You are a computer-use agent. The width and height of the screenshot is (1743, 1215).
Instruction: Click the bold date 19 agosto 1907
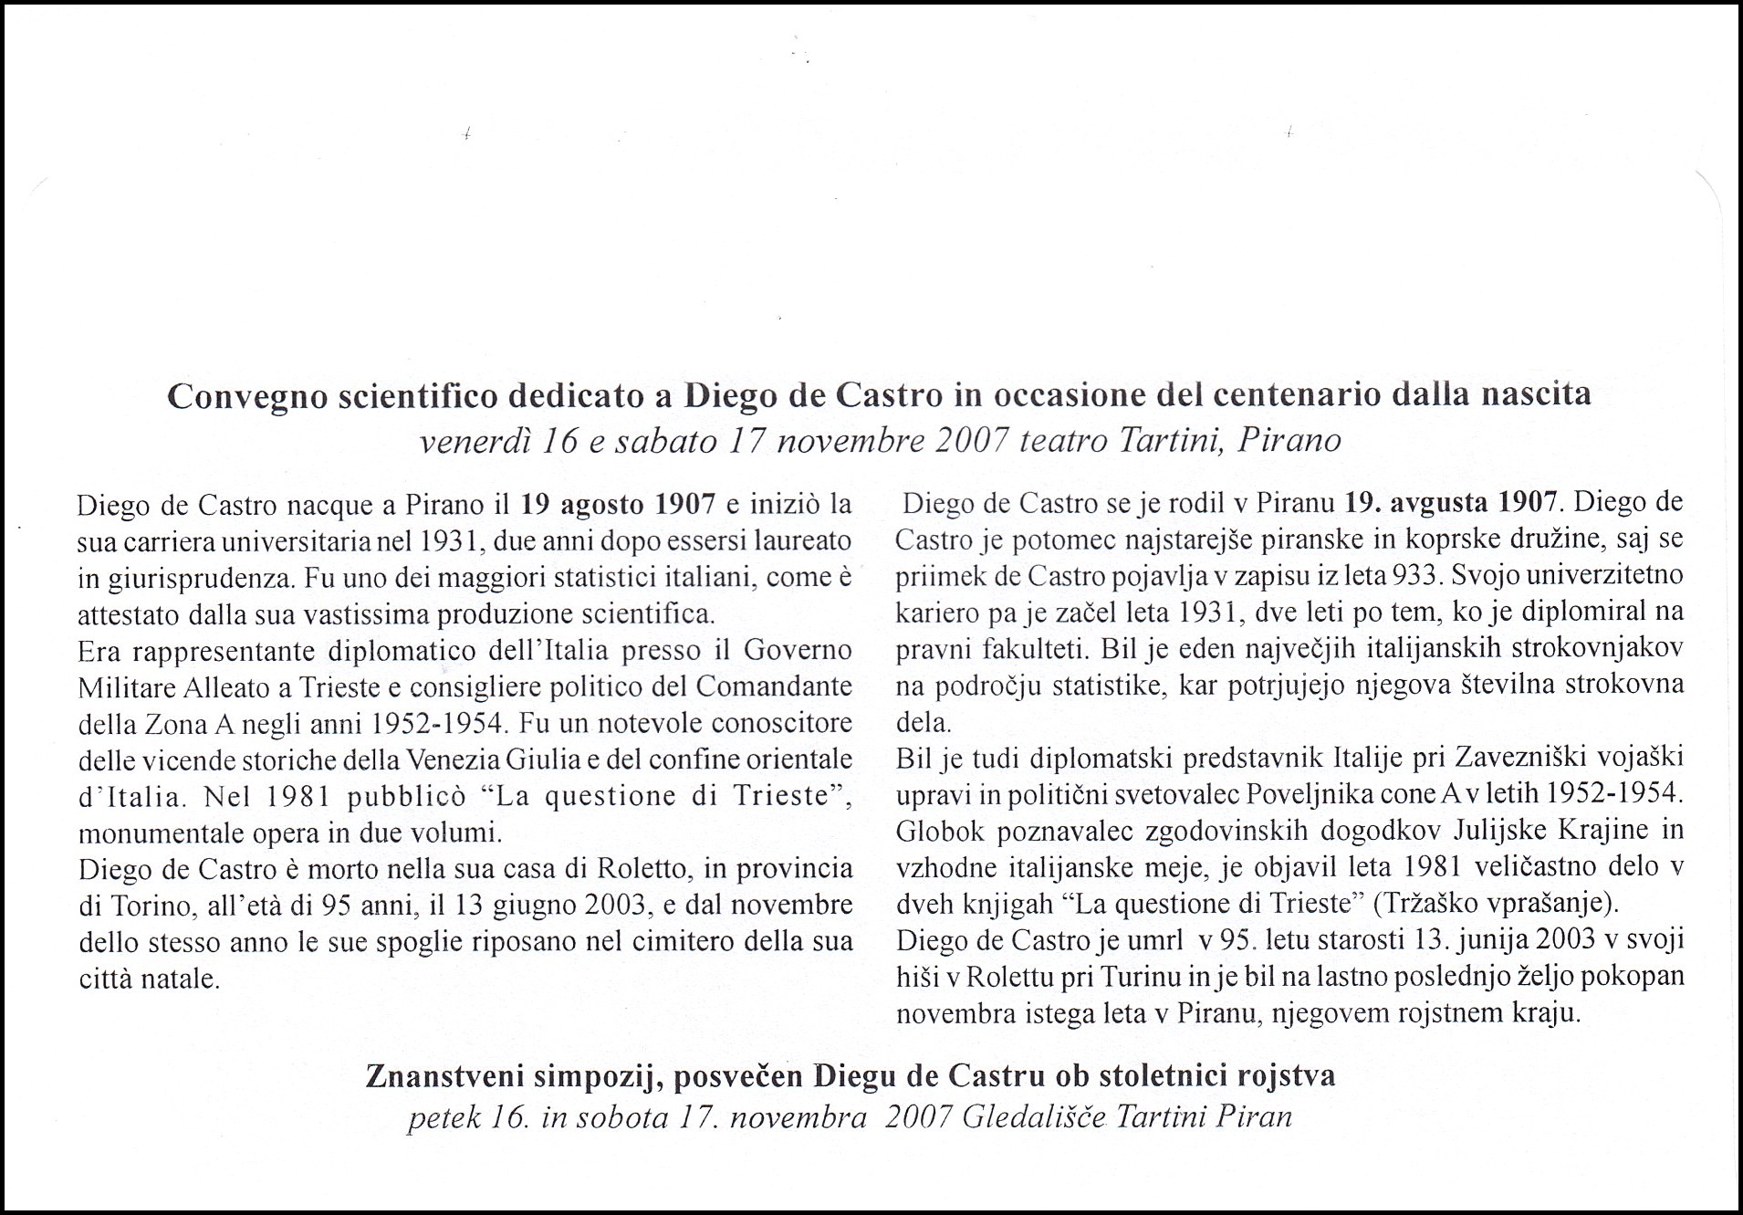618,504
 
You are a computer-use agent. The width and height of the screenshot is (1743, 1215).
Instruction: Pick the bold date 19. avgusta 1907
1451,502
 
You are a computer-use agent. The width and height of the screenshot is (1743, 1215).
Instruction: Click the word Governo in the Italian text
798,650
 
